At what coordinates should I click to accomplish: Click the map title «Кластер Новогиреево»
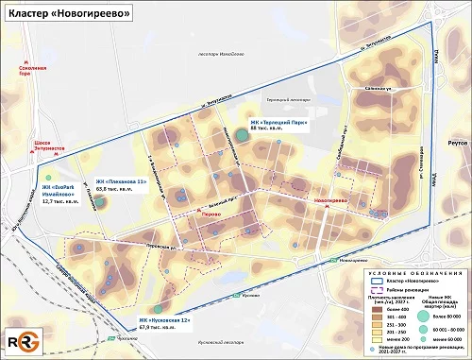(64, 15)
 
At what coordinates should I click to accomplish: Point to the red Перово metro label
(211, 214)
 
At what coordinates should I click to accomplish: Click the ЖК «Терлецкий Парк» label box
(274, 126)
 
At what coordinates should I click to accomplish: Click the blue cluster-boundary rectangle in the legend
(379, 281)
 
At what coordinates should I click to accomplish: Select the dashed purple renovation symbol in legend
(379, 289)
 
